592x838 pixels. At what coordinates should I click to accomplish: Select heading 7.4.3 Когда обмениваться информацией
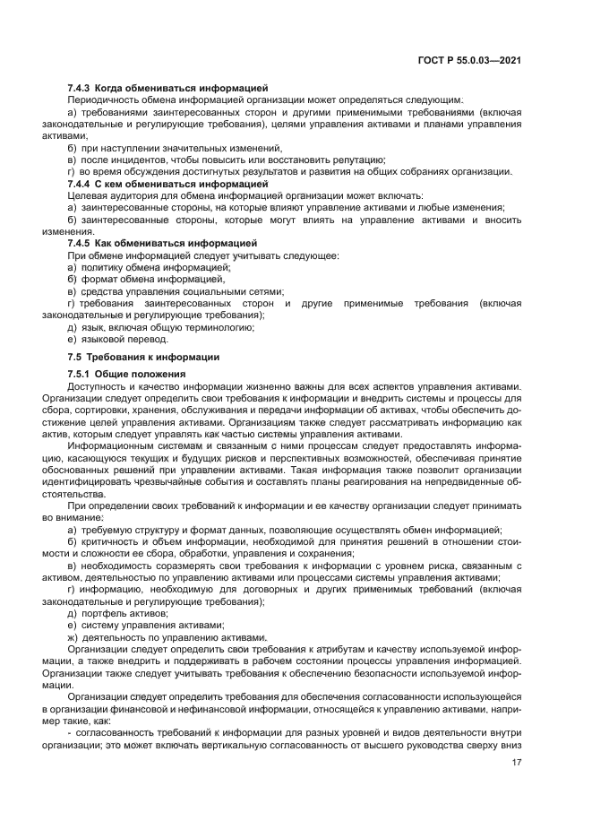pyautogui.click(x=167, y=88)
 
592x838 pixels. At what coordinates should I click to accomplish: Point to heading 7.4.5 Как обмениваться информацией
pyautogui.click(x=162, y=243)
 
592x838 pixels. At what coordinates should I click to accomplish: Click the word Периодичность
pyautogui.click(x=107, y=99)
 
